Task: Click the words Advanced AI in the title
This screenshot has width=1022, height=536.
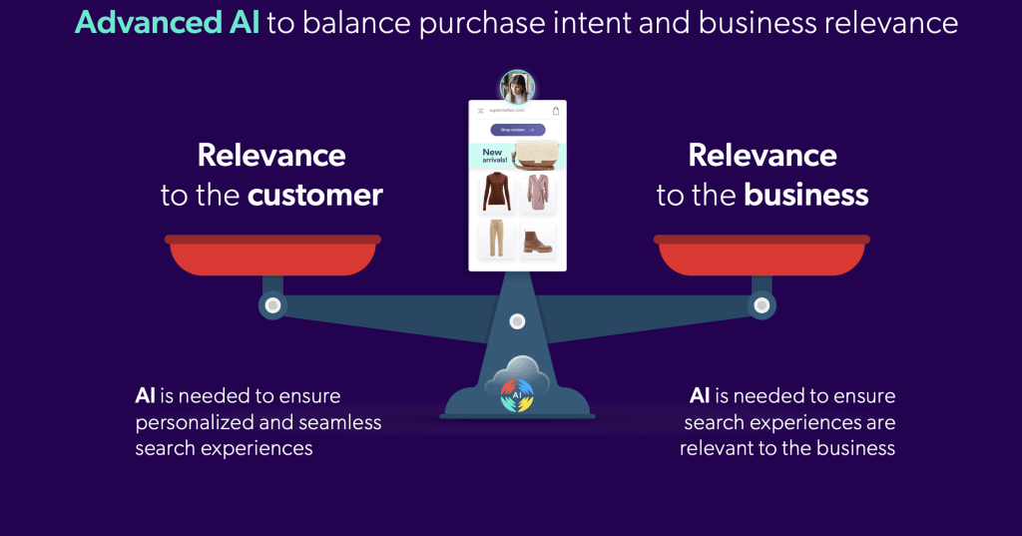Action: click(x=167, y=23)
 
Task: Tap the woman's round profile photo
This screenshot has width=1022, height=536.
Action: click(x=517, y=87)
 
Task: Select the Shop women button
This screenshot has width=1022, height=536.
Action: click(x=517, y=130)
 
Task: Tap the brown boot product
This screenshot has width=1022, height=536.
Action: click(x=538, y=242)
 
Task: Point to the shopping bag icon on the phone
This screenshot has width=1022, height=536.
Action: click(x=556, y=111)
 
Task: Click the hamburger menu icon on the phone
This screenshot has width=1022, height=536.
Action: click(x=480, y=111)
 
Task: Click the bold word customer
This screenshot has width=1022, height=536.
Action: click(x=314, y=195)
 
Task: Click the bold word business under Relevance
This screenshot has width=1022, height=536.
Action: click(x=806, y=195)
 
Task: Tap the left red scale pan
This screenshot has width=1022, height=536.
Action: click(x=272, y=256)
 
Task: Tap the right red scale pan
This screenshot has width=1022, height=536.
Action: click(x=762, y=256)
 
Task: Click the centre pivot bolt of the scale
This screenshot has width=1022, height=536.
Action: click(x=517, y=320)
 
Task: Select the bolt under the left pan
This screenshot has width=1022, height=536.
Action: click(x=272, y=304)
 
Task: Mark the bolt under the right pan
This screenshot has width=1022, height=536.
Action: click(x=762, y=304)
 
